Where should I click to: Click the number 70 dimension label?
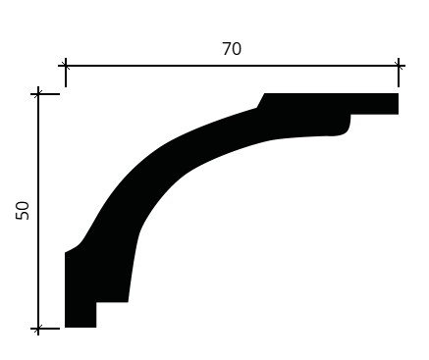coord(232,49)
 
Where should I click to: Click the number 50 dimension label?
coord(23,211)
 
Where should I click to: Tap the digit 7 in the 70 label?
coord(227,49)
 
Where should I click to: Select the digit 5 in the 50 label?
coord(23,216)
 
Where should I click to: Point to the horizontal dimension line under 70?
coord(232,66)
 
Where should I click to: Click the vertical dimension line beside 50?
coord(38,211)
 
